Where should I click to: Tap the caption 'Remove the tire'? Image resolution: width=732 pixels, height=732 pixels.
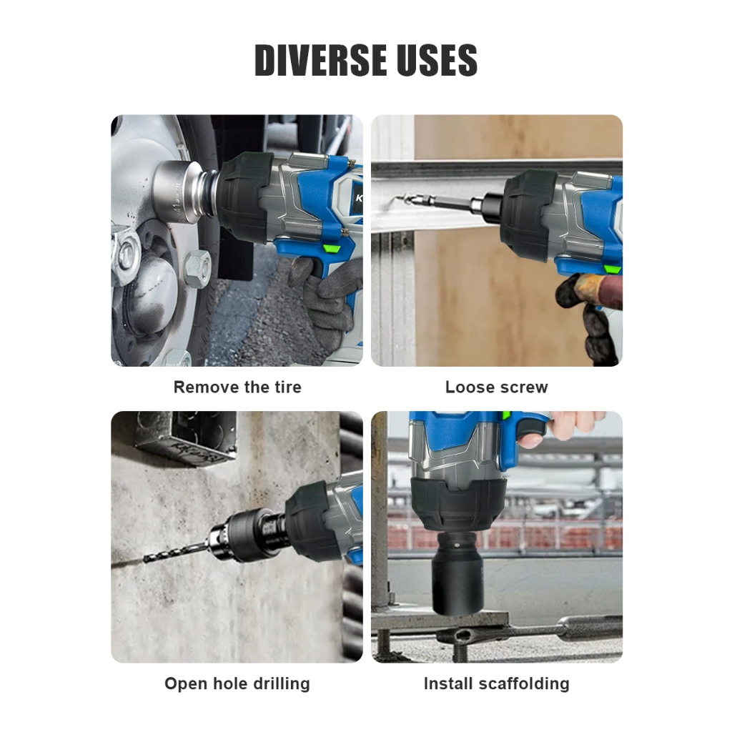237,387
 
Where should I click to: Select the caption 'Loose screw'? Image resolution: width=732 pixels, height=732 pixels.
496,387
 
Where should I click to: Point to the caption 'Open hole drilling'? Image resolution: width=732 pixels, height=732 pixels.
237,683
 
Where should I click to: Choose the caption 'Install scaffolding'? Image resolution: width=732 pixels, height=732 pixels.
496,683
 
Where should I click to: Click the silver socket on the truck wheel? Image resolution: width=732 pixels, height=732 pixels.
179,192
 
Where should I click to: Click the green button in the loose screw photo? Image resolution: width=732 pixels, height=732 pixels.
612,269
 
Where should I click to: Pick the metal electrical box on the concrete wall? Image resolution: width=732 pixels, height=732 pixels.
187,439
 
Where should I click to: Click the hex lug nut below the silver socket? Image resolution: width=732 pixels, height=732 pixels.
198,269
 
